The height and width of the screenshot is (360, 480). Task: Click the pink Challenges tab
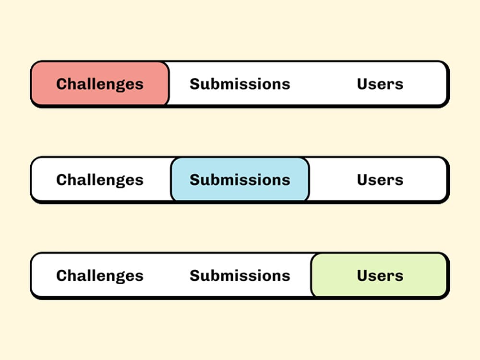pyautogui.click(x=100, y=84)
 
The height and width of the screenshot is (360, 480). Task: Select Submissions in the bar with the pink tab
pyautogui.click(x=240, y=84)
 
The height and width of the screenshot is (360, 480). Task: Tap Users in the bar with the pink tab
pyautogui.click(x=380, y=84)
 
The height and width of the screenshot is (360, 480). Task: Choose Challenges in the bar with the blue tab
pyautogui.click(x=100, y=180)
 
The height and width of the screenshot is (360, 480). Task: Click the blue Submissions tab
pyautogui.click(x=240, y=180)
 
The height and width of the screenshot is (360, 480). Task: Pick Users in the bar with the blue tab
pyautogui.click(x=380, y=180)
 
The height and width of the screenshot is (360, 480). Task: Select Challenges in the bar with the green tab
pyautogui.click(x=100, y=276)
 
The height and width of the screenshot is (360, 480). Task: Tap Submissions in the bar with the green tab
pyautogui.click(x=240, y=276)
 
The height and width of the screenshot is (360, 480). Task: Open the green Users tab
pyautogui.click(x=380, y=275)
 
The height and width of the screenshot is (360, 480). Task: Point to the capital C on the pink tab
pyautogui.click(x=62, y=84)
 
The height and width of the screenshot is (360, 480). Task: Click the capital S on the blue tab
pyautogui.click(x=195, y=180)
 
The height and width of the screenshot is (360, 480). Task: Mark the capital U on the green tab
pyautogui.click(x=362, y=276)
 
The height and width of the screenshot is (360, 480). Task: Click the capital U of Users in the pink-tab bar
pyautogui.click(x=362, y=84)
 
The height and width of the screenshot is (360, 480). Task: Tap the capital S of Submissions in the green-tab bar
pyautogui.click(x=195, y=276)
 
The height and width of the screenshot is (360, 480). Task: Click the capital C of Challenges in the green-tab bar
pyautogui.click(x=62, y=276)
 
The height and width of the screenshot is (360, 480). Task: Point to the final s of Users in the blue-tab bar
pyautogui.click(x=399, y=181)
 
